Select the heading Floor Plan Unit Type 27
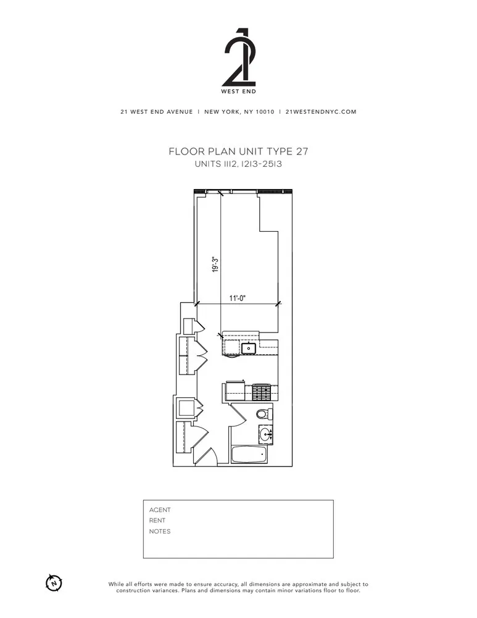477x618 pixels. click(x=238, y=151)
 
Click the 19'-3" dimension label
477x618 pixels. click(x=215, y=265)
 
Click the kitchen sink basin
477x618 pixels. click(x=250, y=349)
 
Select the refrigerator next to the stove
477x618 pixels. click(x=234, y=391)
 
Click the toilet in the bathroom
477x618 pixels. click(x=262, y=413)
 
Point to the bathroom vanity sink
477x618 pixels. click(x=267, y=434)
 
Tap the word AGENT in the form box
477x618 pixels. click(x=160, y=510)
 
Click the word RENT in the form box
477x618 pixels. click(x=157, y=520)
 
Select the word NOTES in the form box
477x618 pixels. click(x=160, y=531)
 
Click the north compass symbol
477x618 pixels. click(x=54, y=582)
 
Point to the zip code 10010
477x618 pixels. click(x=265, y=112)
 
